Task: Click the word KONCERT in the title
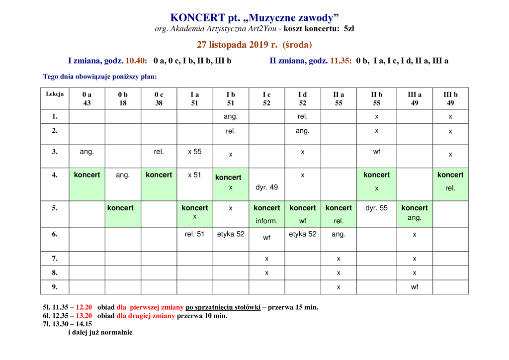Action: point(193,17)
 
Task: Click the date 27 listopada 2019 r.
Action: point(237,44)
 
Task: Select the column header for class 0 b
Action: point(123,98)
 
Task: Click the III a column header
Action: point(415,98)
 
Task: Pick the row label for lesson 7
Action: point(55,259)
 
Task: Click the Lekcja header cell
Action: point(55,98)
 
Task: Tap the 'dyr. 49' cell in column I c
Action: point(266,187)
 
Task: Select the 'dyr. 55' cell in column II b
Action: point(377,208)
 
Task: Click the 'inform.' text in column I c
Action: point(266,221)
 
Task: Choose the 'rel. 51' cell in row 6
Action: point(194,234)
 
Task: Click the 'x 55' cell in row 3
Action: point(194,152)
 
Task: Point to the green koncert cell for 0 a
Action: point(87,184)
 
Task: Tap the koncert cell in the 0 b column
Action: point(123,214)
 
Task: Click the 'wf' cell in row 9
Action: point(415,287)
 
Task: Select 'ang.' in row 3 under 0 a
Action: point(86,152)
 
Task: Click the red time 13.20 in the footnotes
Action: point(84,316)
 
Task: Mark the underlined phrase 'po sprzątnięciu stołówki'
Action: point(223,307)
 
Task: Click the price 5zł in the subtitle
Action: point(349,28)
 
